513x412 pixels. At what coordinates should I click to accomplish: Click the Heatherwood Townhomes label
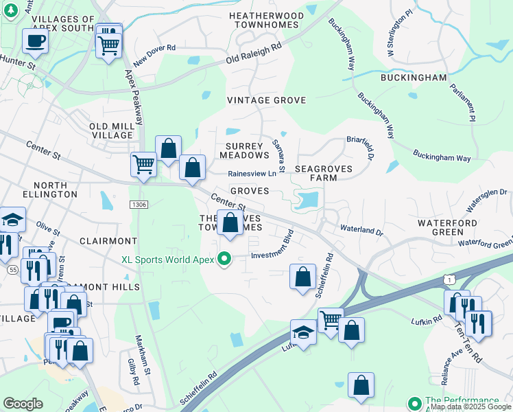pyautogui.click(x=266, y=20)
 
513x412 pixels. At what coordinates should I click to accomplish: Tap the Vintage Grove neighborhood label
pyautogui.click(x=267, y=100)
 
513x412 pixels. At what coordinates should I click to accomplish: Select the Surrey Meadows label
pyautogui.click(x=243, y=150)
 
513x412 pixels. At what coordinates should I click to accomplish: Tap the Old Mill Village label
pyautogui.click(x=110, y=130)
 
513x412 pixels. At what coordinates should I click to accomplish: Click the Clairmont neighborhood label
pyautogui.click(x=108, y=241)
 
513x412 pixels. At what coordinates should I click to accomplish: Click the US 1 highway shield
pyautogui.click(x=447, y=279)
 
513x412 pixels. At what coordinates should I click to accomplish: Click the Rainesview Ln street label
pyautogui.click(x=252, y=174)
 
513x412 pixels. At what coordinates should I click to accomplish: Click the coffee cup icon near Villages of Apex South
pyautogui.click(x=35, y=41)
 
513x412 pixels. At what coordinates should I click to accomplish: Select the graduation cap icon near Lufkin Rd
pyautogui.click(x=302, y=332)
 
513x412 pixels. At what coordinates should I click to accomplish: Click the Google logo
pyautogui.click(x=23, y=404)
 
